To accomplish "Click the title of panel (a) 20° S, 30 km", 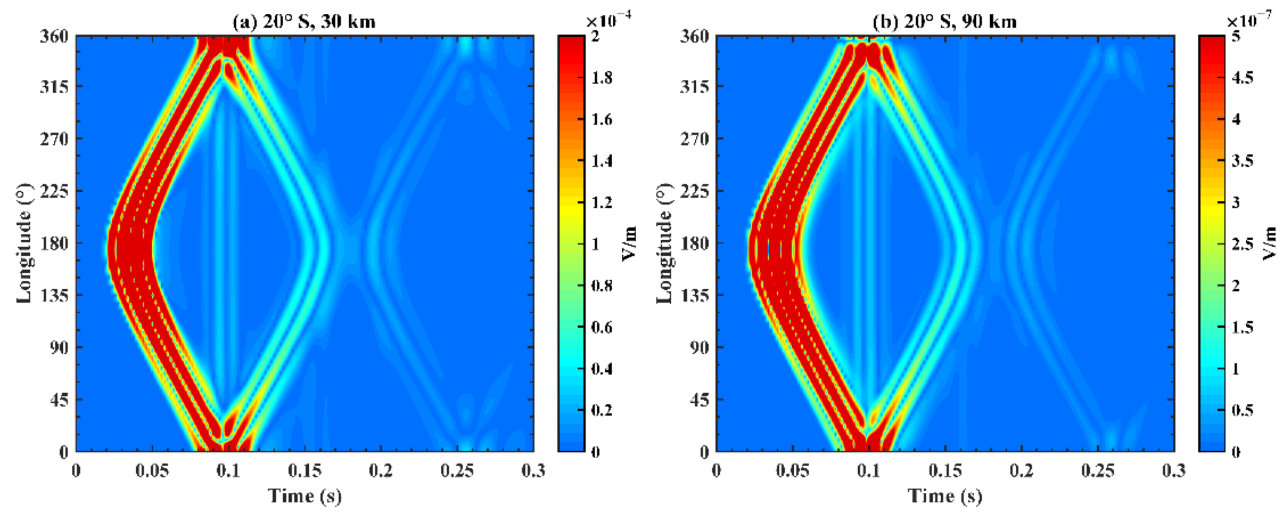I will coord(304,22).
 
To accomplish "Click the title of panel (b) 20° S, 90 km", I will coord(944,22).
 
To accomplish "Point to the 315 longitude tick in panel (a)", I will coord(54,87).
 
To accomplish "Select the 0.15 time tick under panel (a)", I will coord(304,470).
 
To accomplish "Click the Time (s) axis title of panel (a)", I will coord(305,496).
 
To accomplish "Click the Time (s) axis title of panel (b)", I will coord(945,496).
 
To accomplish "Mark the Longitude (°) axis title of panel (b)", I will coord(664,244).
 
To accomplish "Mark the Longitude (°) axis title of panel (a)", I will coord(24,244).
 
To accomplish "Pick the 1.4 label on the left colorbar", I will coord(602,161).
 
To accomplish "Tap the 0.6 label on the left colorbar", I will coord(602,327).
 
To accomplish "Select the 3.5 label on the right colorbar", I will coord(1242,161).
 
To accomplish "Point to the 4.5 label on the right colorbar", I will coord(1242,78).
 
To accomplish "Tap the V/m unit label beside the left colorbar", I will coord(630,244).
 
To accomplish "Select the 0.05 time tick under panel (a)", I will coord(152,470).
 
